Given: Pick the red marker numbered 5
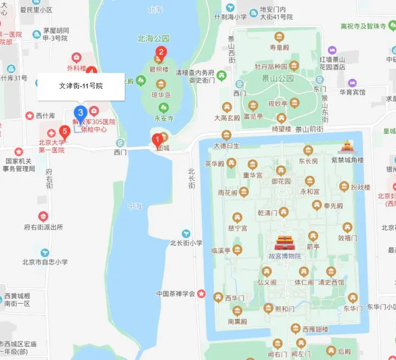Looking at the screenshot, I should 65,131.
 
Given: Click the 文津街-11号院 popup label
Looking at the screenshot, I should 81,86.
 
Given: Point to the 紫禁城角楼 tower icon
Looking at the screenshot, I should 347,147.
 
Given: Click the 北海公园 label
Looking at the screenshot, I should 154,39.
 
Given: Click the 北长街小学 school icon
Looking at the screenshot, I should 186,234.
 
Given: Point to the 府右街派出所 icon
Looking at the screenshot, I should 43,216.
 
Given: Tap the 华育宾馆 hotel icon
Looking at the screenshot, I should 352,83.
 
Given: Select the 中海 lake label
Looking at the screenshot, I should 135,206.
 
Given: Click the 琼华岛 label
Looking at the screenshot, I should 161,95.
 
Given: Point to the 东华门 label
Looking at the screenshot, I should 353,309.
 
